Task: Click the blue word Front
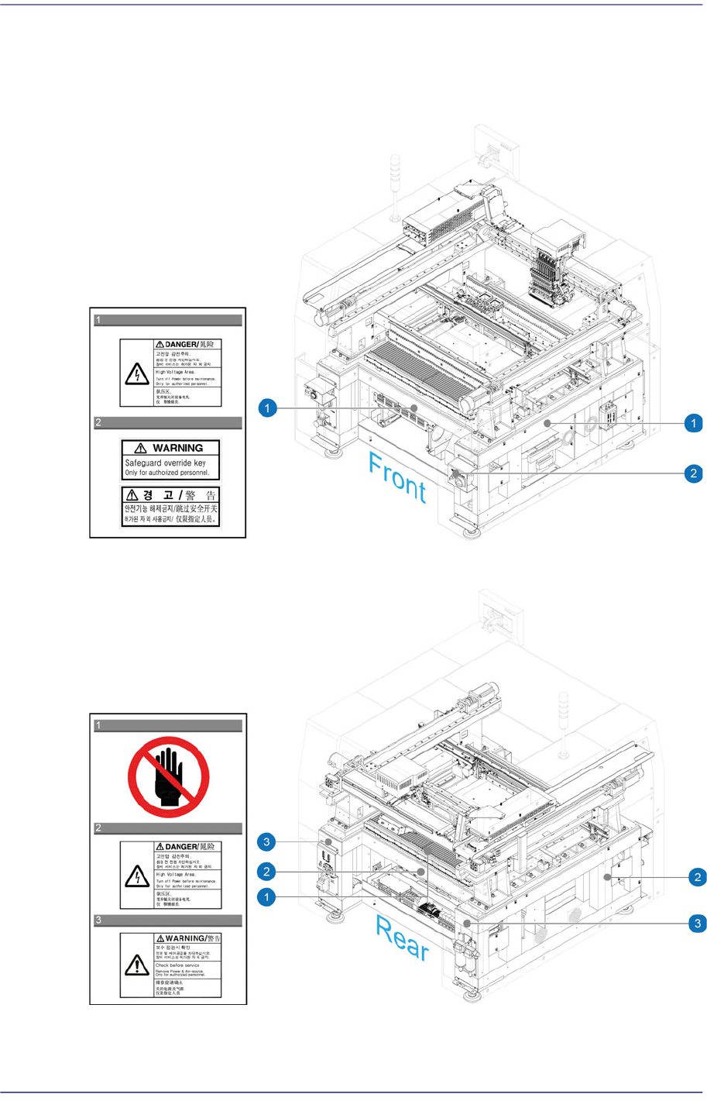pos(396,477)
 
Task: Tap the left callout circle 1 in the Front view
pos(267,408)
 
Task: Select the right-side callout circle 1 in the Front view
pos(693,423)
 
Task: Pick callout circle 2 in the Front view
pos(693,473)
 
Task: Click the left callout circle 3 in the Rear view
pos(267,842)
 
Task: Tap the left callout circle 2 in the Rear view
pos(267,872)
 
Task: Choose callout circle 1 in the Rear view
pos(267,897)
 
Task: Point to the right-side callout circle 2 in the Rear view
pos(698,877)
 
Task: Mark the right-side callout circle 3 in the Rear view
pos(698,923)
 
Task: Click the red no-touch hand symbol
pos(168,776)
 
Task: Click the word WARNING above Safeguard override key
pos(177,448)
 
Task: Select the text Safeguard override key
pos(166,463)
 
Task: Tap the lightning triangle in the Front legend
pos(137,374)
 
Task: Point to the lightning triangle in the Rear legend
pos(137,876)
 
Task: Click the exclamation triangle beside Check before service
pos(137,965)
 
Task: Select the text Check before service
pos(177,965)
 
